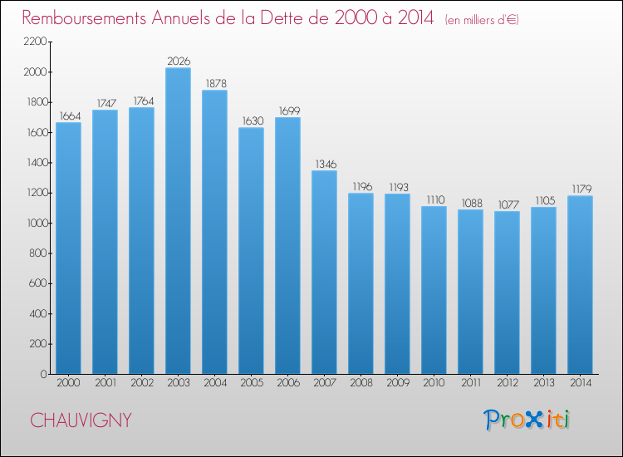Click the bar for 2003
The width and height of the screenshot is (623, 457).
coord(178,220)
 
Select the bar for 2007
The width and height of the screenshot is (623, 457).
coord(324,272)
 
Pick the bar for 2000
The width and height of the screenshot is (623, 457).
coord(68,248)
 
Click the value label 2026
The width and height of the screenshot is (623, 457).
coord(178,60)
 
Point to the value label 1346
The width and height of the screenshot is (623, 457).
coord(324,163)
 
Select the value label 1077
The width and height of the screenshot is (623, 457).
coord(507,204)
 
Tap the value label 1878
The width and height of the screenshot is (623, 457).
coord(214,82)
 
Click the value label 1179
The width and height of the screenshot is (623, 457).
coord(580,188)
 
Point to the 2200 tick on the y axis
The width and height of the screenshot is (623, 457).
coord(36,42)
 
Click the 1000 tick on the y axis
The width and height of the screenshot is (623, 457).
coord(36,223)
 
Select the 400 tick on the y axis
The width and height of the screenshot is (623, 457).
coord(38,313)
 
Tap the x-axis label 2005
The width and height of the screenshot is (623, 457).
coord(251,383)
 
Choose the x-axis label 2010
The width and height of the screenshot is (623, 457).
coord(434,383)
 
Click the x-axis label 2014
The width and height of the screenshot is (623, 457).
coord(580,383)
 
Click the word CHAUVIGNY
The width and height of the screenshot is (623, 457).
coord(81,420)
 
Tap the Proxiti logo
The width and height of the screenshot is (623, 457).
coord(527,420)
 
